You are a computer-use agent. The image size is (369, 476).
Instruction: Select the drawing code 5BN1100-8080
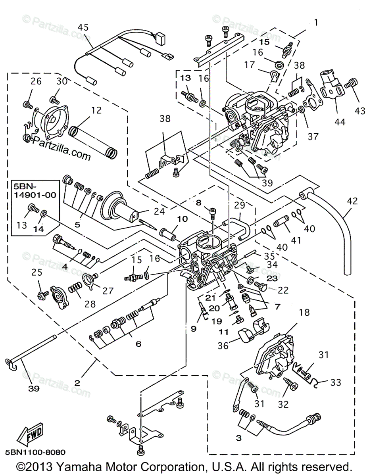35,452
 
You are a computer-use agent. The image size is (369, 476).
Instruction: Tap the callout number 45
83,27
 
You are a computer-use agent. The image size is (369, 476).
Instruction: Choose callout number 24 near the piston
160,212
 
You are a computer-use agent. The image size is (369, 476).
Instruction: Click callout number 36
223,346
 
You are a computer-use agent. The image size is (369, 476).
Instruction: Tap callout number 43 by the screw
360,112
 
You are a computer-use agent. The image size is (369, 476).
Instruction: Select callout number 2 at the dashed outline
77,383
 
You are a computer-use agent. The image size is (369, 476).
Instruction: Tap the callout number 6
138,344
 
